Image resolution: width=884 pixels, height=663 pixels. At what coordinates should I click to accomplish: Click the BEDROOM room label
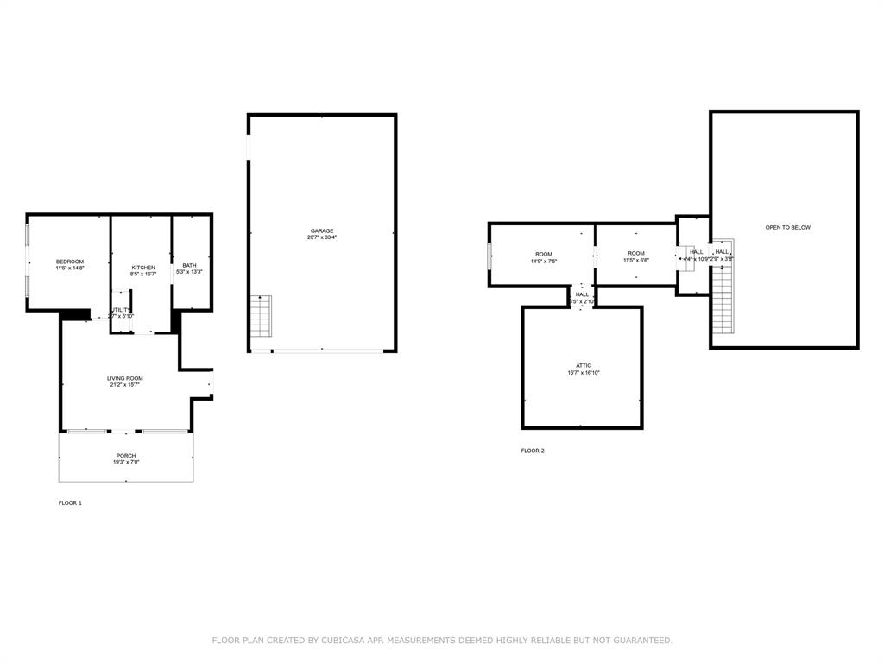pos(70,262)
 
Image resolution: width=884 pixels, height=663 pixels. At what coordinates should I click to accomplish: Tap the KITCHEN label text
pos(143,268)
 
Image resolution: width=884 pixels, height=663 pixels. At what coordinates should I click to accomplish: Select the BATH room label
pos(189,265)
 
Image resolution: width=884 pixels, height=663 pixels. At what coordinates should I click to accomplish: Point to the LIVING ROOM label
pos(125,378)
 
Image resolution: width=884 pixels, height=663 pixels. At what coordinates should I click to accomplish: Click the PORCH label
pos(126,456)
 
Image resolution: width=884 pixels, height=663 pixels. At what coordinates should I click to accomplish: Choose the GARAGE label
pos(322,230)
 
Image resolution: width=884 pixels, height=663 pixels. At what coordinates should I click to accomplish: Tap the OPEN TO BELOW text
pos(787,227)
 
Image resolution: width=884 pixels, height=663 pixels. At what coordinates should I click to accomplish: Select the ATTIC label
pos(584,365)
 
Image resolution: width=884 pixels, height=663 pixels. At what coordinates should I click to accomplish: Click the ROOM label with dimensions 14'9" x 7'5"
pos(544,253)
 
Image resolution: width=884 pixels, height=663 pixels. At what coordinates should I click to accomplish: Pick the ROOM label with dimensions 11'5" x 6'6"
pos(636,253)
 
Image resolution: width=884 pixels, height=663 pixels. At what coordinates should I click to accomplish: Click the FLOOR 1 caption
pos(70,502)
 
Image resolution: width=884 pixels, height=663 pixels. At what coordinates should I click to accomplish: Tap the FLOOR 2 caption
pos(533,451)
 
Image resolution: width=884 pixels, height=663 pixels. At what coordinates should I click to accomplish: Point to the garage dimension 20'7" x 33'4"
pos(322,238)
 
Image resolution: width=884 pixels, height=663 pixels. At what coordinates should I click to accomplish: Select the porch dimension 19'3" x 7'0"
pos(126,463)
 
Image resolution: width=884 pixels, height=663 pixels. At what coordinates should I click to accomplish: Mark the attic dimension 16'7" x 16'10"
pos(584,373)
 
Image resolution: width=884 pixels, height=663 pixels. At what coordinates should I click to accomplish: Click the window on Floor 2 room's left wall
pos(489,256)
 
